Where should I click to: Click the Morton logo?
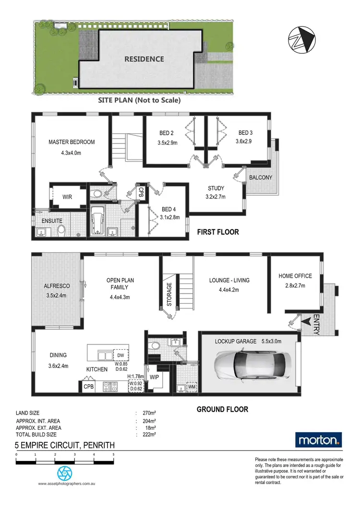319,439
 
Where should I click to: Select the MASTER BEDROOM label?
72,142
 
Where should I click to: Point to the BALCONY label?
260,178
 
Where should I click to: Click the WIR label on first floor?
67,197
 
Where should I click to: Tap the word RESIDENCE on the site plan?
144,59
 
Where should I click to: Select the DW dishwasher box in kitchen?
120,355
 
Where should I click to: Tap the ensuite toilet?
61,230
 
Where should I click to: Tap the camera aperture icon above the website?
64,473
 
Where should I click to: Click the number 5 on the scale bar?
113,453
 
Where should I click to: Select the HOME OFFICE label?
295,276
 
